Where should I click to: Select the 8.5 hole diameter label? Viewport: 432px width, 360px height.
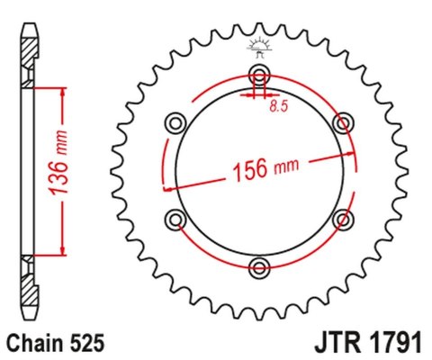280,107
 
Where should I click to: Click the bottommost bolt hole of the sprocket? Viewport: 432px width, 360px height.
259,265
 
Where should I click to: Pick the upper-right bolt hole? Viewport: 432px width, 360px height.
342,121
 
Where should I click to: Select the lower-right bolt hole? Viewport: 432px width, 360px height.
342,217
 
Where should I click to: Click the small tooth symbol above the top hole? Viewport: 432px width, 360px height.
259,47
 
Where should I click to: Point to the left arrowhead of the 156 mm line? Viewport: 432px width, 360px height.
166,188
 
